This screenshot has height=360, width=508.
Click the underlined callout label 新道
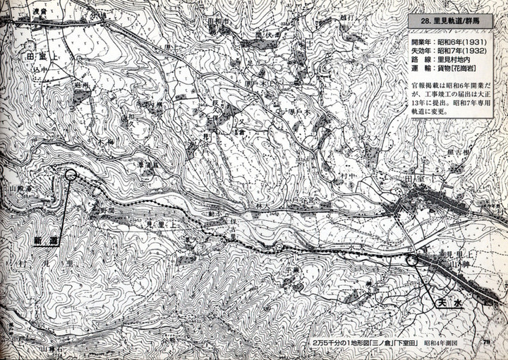click(44, 241)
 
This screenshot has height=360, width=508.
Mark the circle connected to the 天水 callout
click(414, 260)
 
